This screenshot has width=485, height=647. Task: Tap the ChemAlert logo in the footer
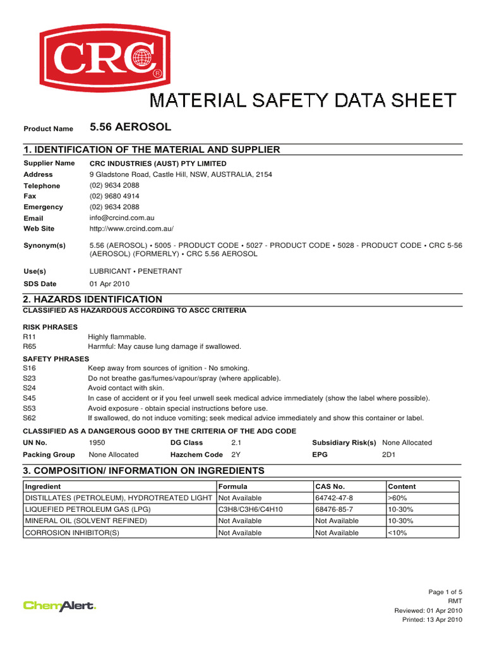(59, 605)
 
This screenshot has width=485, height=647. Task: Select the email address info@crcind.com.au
(122, 217)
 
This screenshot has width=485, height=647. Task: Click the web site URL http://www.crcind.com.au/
(131, 228)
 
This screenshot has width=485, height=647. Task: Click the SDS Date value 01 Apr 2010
(109, 284)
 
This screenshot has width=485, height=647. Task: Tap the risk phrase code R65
(30, 346)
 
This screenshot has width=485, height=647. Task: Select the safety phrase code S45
(30, 398)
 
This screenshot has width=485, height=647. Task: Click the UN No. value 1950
(98, 443)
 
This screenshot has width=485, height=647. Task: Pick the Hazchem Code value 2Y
(236, 454)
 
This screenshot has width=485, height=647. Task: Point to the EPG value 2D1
(390, 454)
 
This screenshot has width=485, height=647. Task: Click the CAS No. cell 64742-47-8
(334, 498)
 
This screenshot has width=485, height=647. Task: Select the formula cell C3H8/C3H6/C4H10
(250, 509)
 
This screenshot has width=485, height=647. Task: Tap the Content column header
(402, 487)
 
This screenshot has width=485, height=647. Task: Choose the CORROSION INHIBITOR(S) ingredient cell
(71, 533)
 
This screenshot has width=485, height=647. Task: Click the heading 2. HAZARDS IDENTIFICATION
(92, 299)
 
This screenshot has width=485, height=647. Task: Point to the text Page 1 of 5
(445, 591)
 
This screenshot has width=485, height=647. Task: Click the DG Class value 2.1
(237, 443)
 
